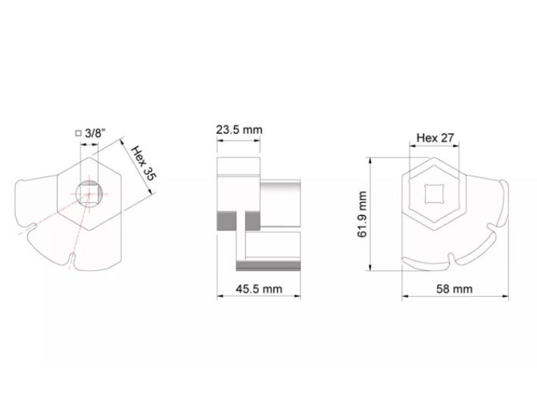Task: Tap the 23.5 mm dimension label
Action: [x=239, y=130]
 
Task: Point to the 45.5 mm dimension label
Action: [x=259, y=289]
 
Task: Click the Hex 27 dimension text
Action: [x=435, y=138]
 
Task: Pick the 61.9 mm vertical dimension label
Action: [x=362, y=214]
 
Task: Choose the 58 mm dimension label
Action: [x=454, y=289]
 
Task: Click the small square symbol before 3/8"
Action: [x=79, y=133]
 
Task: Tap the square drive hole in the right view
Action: [x=434, y=194]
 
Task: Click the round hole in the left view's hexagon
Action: [x=89, y=194]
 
